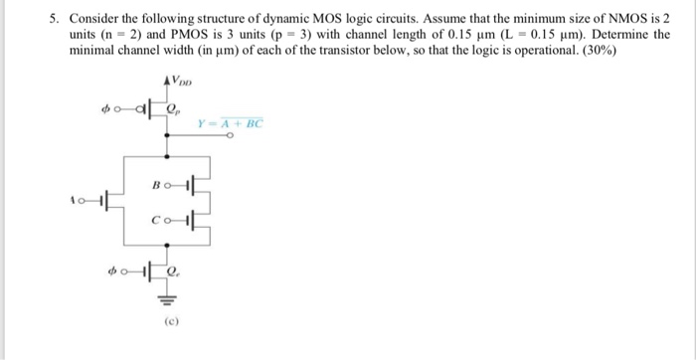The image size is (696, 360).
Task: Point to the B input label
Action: coord(155,184)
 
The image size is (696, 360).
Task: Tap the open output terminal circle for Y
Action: coord(230,140)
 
